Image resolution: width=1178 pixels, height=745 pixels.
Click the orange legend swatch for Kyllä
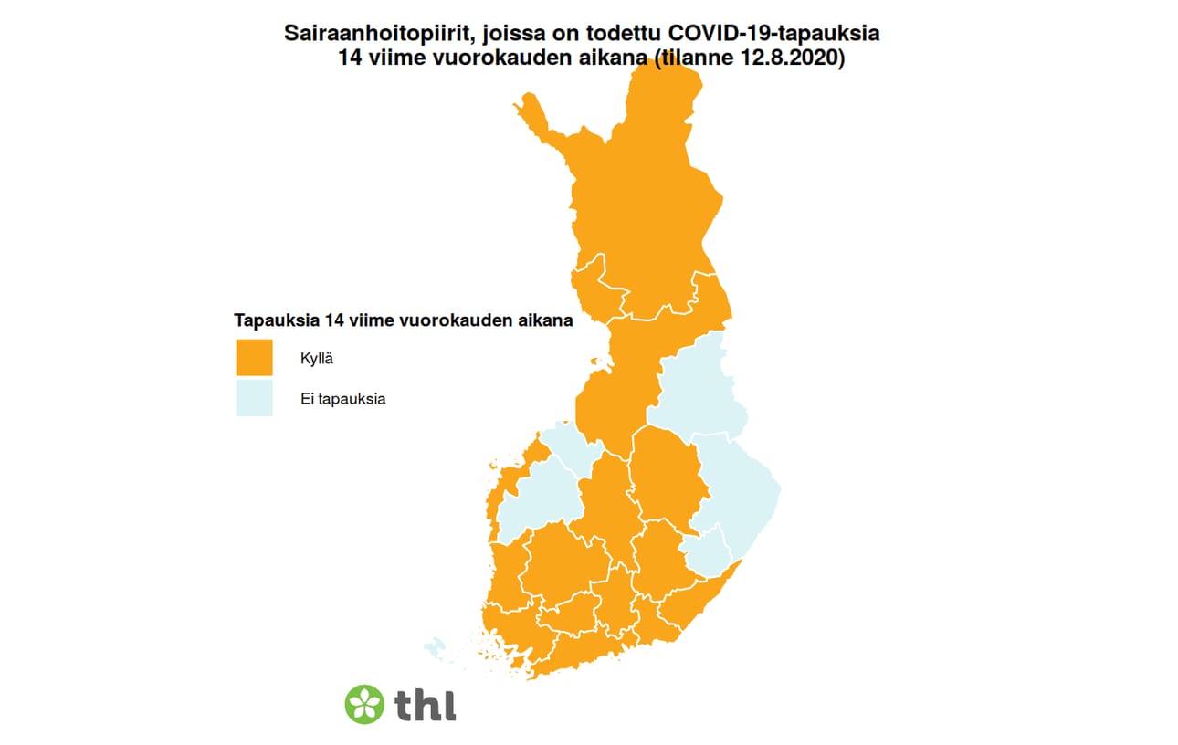(254, 358)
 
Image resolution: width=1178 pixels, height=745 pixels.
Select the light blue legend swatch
(254, 398)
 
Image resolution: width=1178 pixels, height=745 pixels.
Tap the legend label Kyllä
(316, 358)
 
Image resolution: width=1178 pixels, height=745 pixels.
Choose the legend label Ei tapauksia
(342, 399)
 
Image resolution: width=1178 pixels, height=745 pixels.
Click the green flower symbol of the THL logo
(364, 704)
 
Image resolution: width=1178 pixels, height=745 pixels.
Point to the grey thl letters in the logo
(426, 704)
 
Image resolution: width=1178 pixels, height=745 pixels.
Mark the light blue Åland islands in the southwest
(436, 649)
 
